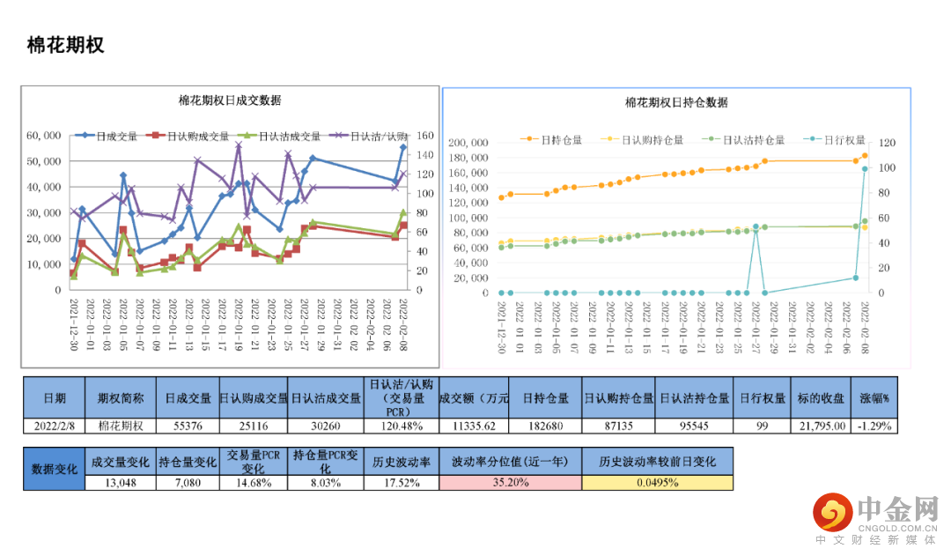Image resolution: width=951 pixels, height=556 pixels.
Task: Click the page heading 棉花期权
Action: [x=65, y=46]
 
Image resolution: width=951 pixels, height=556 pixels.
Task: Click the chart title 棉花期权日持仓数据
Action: [x=676, y=102]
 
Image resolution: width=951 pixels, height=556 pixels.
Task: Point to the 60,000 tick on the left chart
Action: [x=43, y=136]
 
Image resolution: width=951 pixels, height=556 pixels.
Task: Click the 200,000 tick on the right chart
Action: [x=468, y=143]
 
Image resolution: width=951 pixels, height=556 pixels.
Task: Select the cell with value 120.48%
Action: [x=401, y=426]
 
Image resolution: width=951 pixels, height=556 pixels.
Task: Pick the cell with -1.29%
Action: [x=875, y=426]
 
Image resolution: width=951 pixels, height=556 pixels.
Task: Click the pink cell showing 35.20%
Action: [x=510, y=482]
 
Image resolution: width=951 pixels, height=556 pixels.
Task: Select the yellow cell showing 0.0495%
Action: [x=657, y=482]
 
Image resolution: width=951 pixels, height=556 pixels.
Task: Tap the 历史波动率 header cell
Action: [x=401, y=462]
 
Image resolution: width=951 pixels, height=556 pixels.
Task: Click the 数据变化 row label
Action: [x=55, y=468]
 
